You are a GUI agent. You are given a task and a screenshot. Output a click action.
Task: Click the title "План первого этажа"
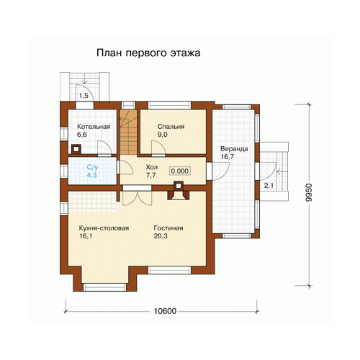(x=148, y=53)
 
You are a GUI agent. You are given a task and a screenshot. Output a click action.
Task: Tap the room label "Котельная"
(x=94, y=127)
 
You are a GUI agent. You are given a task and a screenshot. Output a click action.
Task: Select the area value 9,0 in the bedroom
(x=163, y=135)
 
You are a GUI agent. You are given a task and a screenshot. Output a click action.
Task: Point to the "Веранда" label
(x=234, y=149)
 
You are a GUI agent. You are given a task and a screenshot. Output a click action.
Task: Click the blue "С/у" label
(x=92, y=167)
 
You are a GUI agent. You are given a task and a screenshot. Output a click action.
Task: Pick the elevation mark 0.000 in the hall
(x=180, y=171)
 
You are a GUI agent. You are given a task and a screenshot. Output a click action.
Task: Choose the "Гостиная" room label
(x=168, y=228)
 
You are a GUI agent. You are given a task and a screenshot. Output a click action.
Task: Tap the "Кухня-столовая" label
(x=104, y=228)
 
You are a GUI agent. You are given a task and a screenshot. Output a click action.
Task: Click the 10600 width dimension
(x=165, y=311)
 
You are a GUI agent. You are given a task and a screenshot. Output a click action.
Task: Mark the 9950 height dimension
(x=309, y=192)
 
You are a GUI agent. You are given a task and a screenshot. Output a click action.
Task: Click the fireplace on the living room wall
(x=179, y=191)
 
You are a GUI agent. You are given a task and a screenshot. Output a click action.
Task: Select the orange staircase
(x=128, y=132)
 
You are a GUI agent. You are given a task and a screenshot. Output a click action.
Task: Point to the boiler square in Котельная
(x=76, y=149)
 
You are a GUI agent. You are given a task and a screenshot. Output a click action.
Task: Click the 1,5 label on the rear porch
(x=84, y=96)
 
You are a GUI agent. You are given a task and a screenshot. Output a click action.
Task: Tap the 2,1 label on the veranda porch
(x=269, y=185)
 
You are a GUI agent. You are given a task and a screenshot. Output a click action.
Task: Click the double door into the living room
(x=138, y=198)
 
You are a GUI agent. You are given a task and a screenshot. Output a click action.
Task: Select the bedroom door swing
(x=158, y=148)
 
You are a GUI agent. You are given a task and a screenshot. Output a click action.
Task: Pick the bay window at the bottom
(x=104, y=287)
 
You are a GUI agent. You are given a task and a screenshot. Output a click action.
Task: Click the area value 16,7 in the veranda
(x=228, y=157)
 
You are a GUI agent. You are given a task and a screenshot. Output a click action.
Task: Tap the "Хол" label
(x=152, y=167)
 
